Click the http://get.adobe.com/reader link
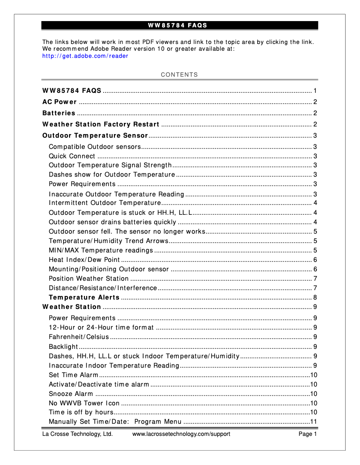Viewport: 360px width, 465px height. click(x=85, y=56)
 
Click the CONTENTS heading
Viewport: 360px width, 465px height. click(x=180, y=75)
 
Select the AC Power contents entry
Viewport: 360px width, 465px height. click(x=59, y=102)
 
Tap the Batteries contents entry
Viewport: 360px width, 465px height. click(x=59, y=113)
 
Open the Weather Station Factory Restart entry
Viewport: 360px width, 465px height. click(x=101, y=124)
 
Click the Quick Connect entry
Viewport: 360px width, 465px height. click(x=72, y=156)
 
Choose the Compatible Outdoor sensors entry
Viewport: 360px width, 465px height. click(x=95, y=147)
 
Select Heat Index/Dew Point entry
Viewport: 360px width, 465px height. click(x=84, y=260)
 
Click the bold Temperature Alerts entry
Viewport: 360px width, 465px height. click(x=84, y=297)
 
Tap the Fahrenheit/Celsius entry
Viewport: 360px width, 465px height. click(x=79, y=337)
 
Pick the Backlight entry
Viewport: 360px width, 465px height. click(x=63, y=347)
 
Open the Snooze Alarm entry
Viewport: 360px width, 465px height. click(x=71, y=394)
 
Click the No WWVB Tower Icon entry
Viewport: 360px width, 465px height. click(x=84, y=403)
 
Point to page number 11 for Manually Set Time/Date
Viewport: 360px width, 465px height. click(x=314, y=422)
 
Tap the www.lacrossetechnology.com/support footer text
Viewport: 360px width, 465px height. click(x=181, y=434)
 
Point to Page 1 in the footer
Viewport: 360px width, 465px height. click(x=308, y=434)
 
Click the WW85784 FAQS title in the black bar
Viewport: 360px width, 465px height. click(x=180, y=25)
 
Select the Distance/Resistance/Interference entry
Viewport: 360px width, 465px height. click(x=103, y=288)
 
